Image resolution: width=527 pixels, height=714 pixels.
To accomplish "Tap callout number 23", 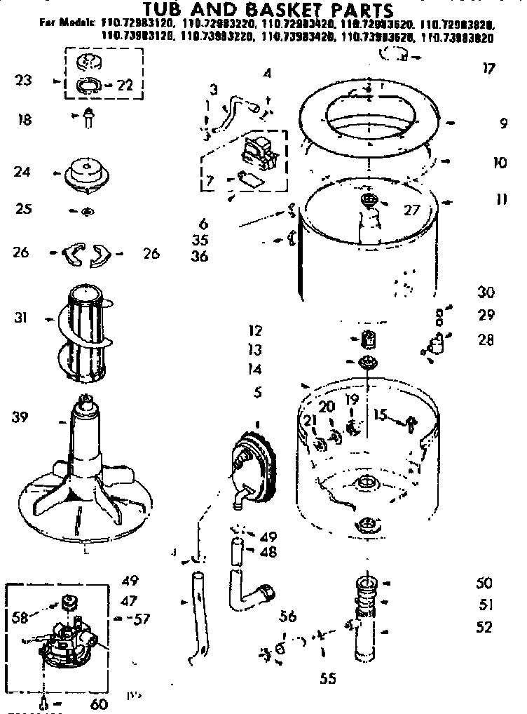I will pyautogui.click(x=23, y=80).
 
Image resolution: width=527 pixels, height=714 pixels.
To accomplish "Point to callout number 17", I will pyautogui.click(x=488, y=68).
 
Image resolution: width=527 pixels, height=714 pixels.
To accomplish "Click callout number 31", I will pyautogui.click(x=21, y=317).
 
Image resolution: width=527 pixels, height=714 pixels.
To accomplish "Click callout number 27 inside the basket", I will pyautogui.click(x=411, y=209).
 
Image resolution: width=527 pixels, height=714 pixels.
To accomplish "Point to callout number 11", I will pyautogui.click(x=500, y=199).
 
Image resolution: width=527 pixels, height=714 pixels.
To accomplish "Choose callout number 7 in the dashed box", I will pyautogui.click(x=209, y=182).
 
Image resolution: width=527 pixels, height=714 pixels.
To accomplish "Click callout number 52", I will pyautogui.click(x=484, y=627).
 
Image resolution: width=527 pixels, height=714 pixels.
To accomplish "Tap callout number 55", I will pyautogui.click(x=327, y=678).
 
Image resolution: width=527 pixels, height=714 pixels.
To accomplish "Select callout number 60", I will pyautogui.click(x=100, y=703).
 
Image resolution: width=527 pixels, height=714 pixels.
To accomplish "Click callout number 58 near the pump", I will pyautogui.click(x=22, y=617).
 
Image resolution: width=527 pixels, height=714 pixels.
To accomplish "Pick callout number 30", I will pyautogui.click(x=486, y=292).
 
